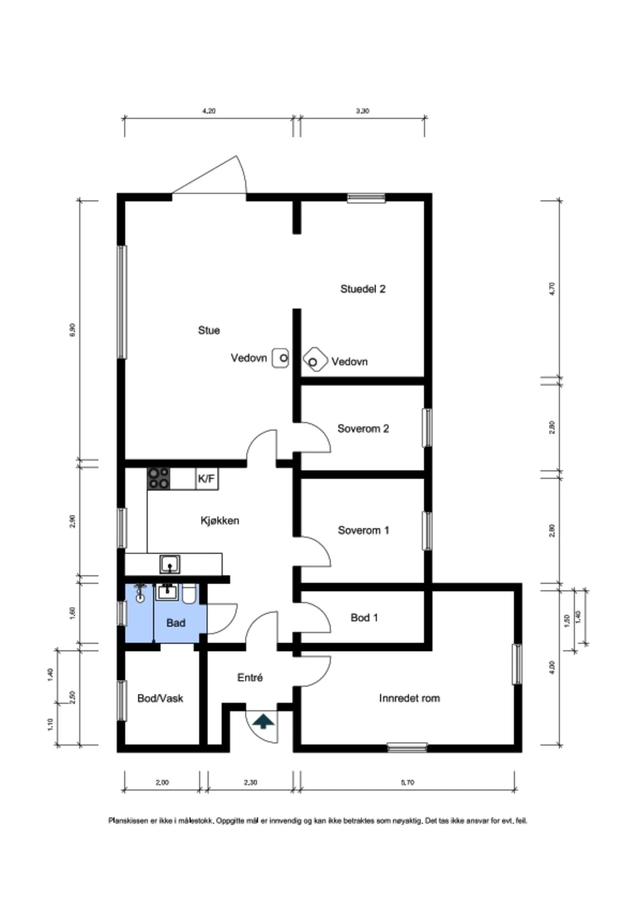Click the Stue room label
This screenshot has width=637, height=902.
209,330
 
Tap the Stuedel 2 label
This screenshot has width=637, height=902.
363,289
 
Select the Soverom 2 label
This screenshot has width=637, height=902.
363,428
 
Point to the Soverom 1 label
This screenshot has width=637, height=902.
363,530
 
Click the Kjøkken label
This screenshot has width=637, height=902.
219,521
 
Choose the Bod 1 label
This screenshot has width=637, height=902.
364,617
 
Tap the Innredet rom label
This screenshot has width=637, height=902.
409,698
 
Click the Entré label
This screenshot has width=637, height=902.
250,678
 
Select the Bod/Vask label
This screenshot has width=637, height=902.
160,698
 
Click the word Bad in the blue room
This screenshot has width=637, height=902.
176,623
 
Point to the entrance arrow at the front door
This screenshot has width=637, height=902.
263,722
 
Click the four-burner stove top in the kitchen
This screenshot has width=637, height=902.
158,479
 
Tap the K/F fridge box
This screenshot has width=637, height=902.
206,479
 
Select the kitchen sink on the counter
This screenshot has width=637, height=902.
170,564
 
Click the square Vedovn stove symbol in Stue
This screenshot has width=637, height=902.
280,358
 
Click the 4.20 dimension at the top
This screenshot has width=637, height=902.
209,111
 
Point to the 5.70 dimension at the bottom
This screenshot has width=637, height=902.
408,782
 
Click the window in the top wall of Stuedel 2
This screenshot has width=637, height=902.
367,198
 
